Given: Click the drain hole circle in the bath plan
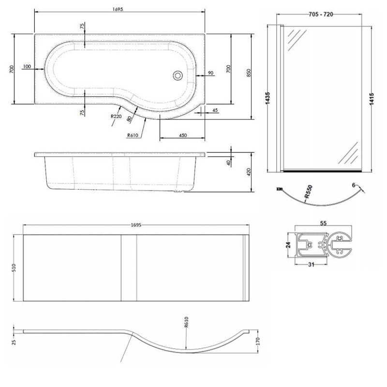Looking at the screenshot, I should coord(178,75).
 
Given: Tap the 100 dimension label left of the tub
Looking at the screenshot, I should coord(27,66).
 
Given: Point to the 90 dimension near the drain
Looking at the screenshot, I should coord(210,73).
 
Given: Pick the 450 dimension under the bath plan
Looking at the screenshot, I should coord(183,135).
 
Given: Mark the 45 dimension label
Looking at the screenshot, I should coord(215,110).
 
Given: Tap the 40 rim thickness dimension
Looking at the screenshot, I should coord(228,163).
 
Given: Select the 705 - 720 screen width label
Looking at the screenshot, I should coord(320,14).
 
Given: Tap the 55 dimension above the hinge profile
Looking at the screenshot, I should coord(322,224).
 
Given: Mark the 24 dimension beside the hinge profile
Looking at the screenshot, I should coord(289,245).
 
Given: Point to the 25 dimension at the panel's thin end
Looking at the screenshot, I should coord(14,342).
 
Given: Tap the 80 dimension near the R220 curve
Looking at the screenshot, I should coord(129,118).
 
